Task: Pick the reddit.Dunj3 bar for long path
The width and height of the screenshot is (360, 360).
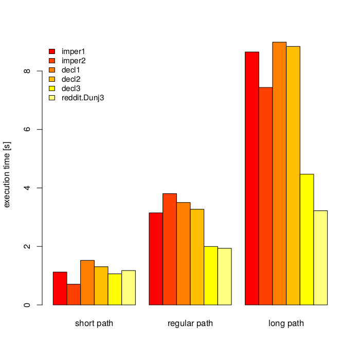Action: [x=320, y=258]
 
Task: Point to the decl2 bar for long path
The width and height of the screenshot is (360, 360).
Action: [x=293, y=175]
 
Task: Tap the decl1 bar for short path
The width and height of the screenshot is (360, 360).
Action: [x=87, y=282]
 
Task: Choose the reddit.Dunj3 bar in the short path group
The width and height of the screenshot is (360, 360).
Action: [x=129, y=287]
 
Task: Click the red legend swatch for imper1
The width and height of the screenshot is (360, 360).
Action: [x=51, y=51]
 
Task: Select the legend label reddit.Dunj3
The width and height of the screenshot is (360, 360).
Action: [x=83, y=98]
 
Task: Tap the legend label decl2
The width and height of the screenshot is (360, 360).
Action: [x=71, y=79]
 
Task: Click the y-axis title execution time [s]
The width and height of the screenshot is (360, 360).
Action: [x=7, y=175]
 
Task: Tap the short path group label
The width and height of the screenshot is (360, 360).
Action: [x=94, y=324]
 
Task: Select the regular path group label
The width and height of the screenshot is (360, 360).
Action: [x=190, y=324]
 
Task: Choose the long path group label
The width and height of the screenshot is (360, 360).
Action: [x=286, y=324]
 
